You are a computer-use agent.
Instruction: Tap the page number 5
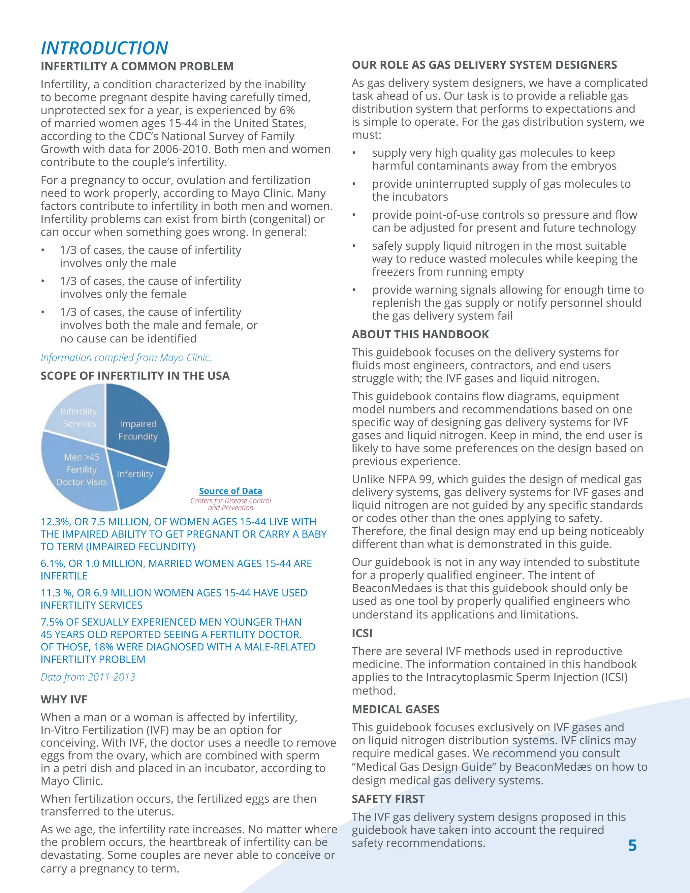point(632,845)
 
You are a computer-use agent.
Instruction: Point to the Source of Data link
point(230,491)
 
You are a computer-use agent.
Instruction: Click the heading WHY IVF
point(64,699)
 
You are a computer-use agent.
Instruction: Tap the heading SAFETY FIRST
point(388,799)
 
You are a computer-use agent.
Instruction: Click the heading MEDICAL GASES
point(395,709)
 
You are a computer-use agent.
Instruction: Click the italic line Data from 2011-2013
point(88,677)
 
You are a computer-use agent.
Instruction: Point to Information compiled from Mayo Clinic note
point(126,358)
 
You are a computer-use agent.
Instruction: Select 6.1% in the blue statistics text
point(52,563)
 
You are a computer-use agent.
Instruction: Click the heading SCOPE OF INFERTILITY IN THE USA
point(135,376)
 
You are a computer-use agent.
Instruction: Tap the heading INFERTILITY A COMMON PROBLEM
point(137,66)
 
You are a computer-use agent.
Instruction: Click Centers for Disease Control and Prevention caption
point(230,504)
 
